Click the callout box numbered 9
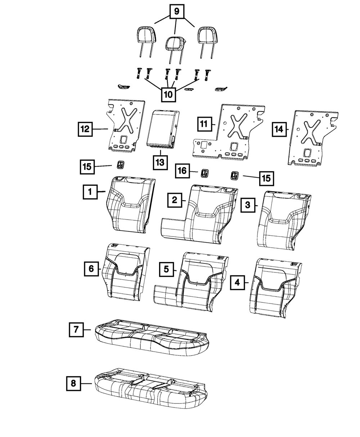pos(176,12)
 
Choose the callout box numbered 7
pos(76,329)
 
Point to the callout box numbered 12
pos(85,129)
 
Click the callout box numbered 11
pos(204,124)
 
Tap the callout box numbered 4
pos(237,283)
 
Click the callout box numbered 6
pos(91,269)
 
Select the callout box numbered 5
pos(166,269)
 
